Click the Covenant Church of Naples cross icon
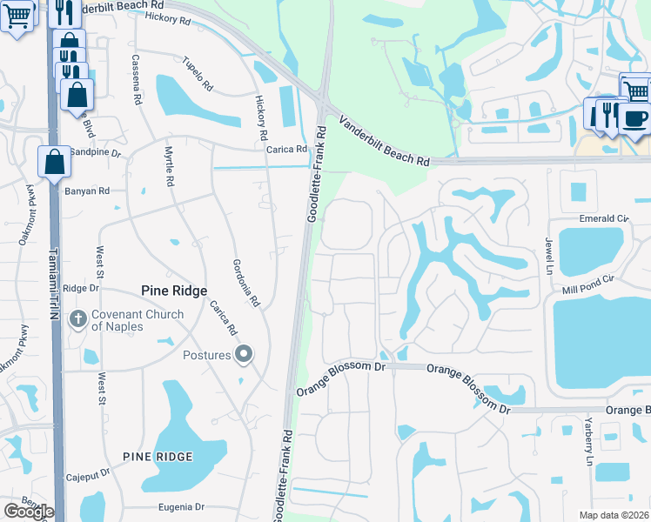78,319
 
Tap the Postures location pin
245,354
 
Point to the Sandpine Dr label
96,151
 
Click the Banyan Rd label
87,191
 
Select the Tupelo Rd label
198,74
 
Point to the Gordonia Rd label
246,282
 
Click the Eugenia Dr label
181,506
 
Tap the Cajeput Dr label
88,476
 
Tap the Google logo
29,512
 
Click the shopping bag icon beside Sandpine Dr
54,162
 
